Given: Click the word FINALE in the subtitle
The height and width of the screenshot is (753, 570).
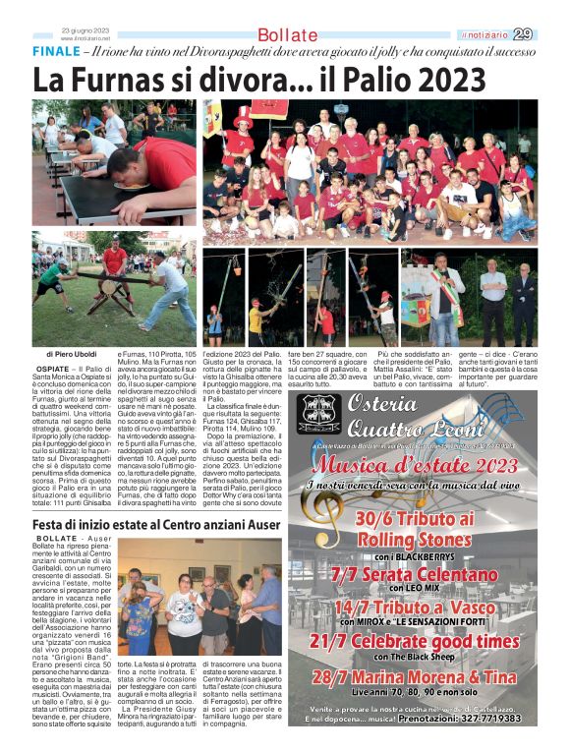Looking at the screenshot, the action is tap(55, 50).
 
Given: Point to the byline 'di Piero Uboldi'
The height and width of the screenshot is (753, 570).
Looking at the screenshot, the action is tap(75, 354).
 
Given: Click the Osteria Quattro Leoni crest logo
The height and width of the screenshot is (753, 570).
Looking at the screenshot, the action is tap(320, 415).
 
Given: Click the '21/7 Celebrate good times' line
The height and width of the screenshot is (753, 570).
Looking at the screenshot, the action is tap(427, 640).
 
